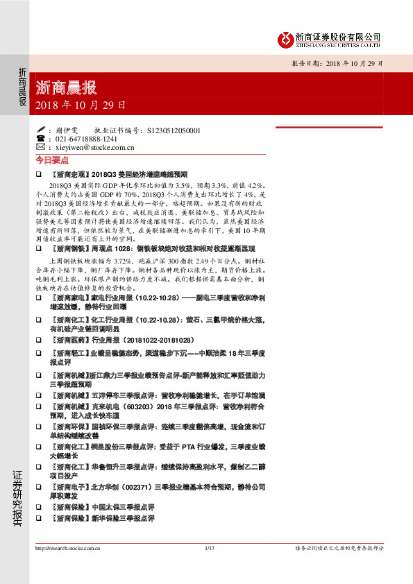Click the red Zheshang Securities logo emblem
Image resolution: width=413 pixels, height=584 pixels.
coord(284,40)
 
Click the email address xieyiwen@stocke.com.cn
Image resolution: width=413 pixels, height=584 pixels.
coord(94,147)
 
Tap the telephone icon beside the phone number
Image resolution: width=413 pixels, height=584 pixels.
coord(40,139)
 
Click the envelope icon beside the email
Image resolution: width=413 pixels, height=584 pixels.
coord(40,147)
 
